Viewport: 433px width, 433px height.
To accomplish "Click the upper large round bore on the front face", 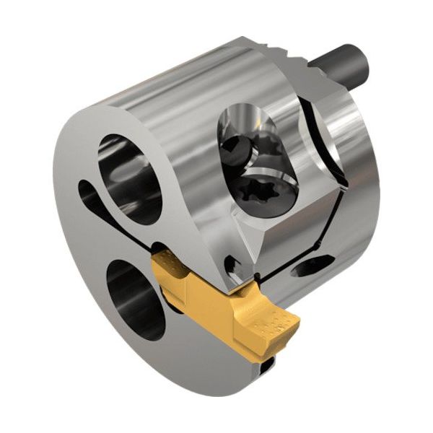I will coord(131,177).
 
